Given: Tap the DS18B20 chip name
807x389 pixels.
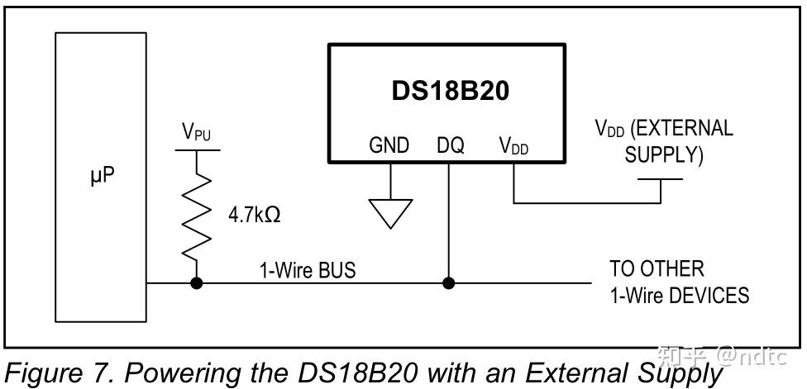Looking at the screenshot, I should point(450,91).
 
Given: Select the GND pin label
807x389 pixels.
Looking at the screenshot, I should point(389,145).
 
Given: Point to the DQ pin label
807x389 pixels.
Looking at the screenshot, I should point(450,145).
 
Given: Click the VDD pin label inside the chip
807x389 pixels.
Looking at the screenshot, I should point(513,146).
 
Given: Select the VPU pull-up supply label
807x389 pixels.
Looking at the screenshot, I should point(196,132).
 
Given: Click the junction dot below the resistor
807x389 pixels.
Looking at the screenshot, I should point(198,283).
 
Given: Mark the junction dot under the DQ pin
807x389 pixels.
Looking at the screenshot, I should point(449,283).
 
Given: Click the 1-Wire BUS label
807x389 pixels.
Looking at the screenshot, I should point(308,269).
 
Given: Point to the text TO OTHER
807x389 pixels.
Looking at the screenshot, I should point(657,269).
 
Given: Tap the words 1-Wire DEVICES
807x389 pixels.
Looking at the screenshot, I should point(679,295).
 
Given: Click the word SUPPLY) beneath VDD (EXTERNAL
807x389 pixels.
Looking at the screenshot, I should point(664,155).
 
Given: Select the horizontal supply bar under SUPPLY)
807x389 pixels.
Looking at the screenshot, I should point(661,179).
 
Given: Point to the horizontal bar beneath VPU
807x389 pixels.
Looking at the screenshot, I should point(198,150).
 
